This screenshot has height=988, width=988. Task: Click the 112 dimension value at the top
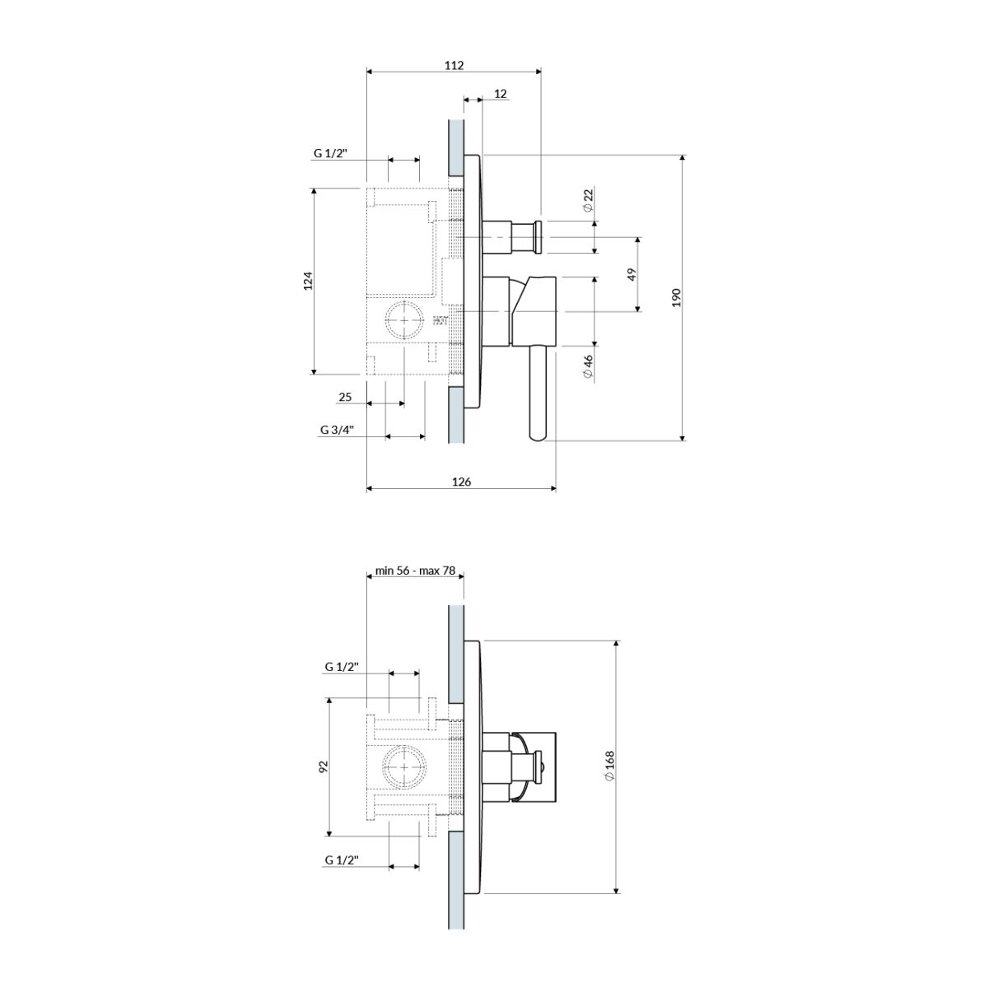coord(454,66)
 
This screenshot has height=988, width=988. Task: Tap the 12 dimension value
coord(501,94)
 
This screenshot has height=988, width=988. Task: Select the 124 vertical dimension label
coord(308,281)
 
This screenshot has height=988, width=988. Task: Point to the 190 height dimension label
coord(676,297)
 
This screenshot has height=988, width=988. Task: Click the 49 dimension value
coord(632,274)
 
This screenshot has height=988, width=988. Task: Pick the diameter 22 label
coord(588,200)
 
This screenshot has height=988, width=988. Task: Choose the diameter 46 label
coord(588,366)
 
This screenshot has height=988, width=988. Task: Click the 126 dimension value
coord(461,482)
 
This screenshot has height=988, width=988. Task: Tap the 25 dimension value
coord(345,397)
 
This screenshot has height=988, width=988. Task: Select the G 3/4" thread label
coord(338,430)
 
